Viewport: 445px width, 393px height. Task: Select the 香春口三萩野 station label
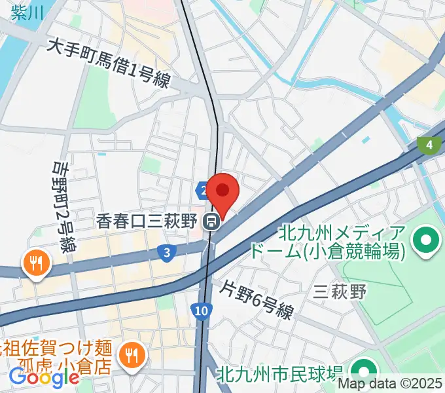click(x=147, y=222)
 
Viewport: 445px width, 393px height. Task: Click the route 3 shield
click(x=168, y=252)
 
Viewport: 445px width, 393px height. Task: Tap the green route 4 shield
click(x=429, y=145)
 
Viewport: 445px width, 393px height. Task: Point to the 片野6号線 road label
click(x=256, y=299)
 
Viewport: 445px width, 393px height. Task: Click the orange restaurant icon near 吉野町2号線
click(x=33, y=264)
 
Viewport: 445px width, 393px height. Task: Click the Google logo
click(x=43, y=377)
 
